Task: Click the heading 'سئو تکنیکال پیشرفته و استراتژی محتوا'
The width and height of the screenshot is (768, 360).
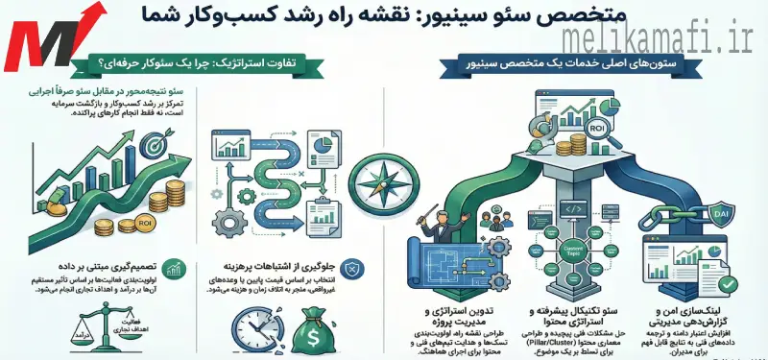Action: [567, 320]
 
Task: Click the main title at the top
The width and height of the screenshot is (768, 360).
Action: [384, 17]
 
